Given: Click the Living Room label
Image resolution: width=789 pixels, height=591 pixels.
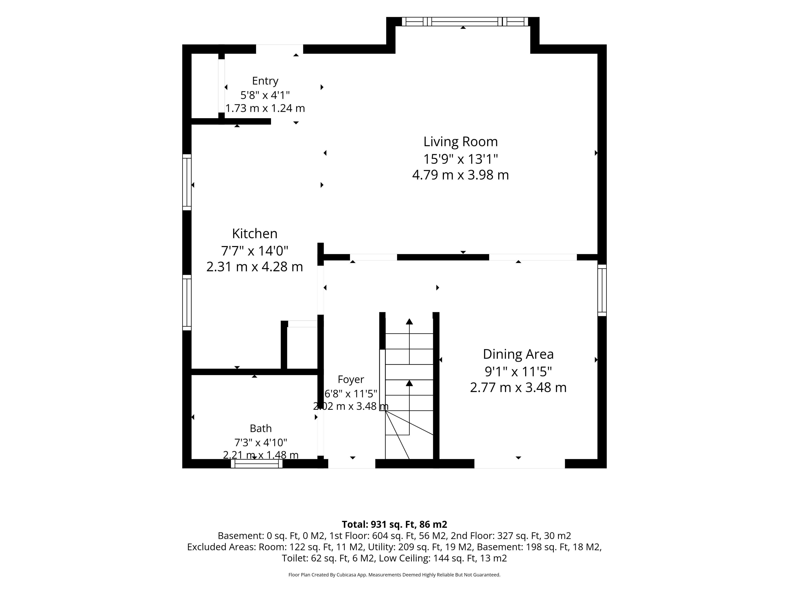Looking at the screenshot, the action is tap(460, 142).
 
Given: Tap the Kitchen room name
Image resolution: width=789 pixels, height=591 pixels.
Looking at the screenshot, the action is tap(255, 234).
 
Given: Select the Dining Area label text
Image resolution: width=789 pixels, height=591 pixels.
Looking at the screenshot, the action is tap(518, 354).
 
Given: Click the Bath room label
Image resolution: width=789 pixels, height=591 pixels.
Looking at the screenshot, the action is tap(261, 428).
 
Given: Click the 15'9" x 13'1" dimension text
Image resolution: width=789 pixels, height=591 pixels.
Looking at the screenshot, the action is tap(460, 159).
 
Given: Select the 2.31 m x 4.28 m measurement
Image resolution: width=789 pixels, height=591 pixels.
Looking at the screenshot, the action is tap(255, 267).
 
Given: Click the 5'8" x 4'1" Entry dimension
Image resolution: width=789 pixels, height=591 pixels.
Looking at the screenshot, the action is tap(265, 95).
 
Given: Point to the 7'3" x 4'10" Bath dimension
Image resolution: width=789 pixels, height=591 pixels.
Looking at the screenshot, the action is tap(261, 442).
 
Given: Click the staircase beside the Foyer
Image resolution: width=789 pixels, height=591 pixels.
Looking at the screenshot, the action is tap(409, 387).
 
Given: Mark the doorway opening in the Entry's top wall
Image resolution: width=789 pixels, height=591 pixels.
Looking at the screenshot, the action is tap(280, 49).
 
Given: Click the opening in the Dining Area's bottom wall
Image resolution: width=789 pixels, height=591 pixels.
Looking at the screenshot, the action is tap(520, 464).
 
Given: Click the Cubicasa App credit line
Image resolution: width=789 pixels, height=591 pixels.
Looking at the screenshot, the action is tap(394, 575).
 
